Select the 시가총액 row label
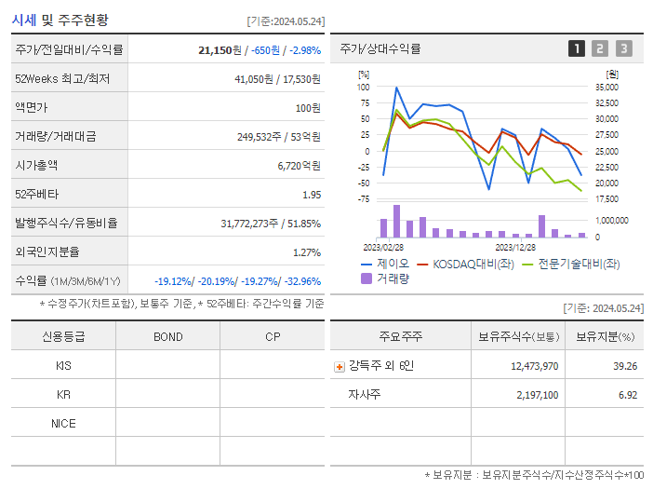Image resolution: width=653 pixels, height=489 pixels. [x=36, y=165]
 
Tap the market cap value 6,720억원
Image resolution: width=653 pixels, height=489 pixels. [x=299, y=166]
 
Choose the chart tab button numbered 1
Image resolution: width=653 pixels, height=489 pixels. [x=577, y=48]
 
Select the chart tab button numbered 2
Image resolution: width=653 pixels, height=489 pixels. [x=600, y=48]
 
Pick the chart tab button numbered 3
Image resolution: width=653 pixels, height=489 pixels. [x=623, y=48]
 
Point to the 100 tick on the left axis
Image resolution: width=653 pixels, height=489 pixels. [x=363, y=88]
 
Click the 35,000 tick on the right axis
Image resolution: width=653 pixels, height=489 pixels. [x=606, y=88]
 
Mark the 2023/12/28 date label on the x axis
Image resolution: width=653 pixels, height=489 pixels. [x=514, y=248]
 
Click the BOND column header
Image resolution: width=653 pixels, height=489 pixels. [x=167, y=336]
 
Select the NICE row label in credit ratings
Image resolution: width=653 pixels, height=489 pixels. [x=63, y=423]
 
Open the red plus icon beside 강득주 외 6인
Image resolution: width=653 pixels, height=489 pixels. [x=340, y=366]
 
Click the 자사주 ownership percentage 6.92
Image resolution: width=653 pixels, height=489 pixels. [x=627, y=395]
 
